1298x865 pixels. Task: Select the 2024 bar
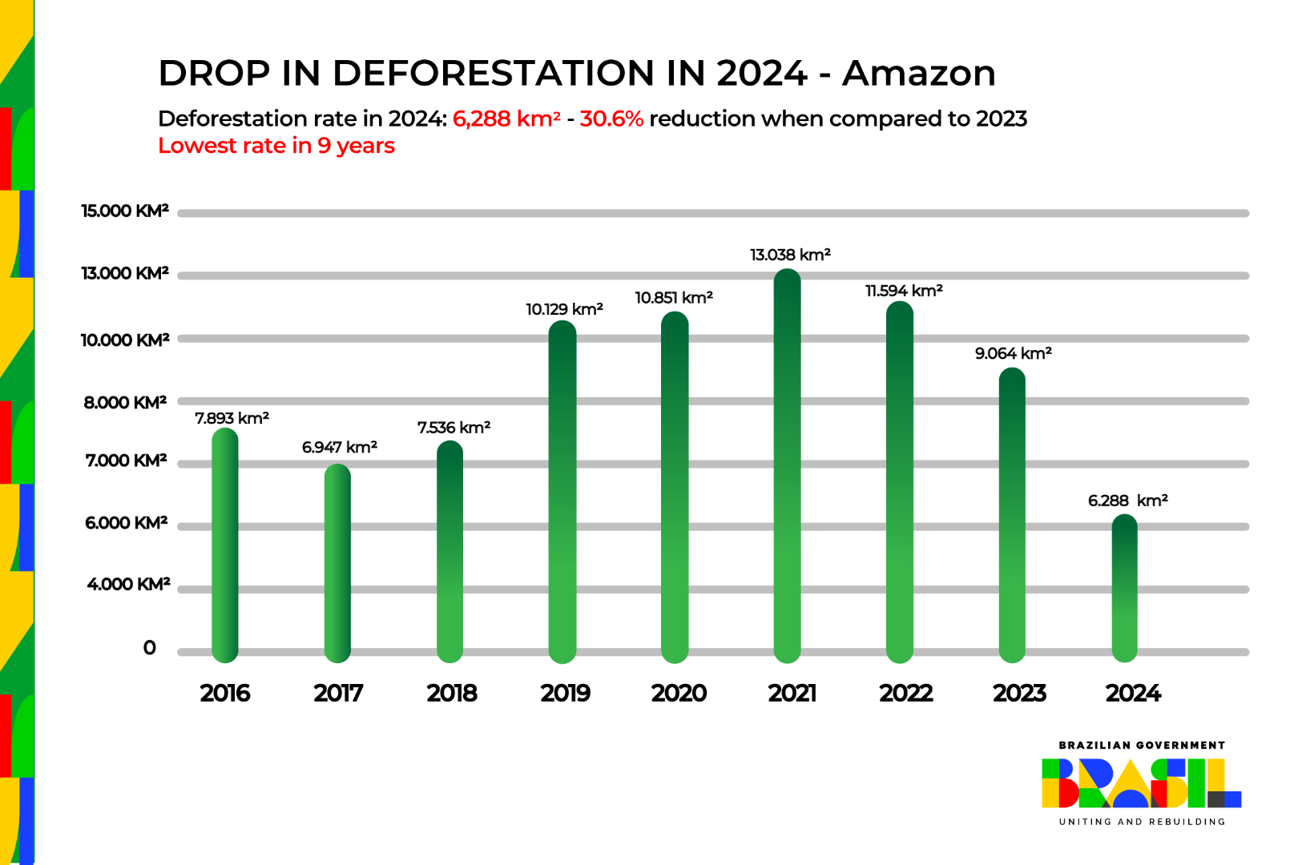click(x=1124, y=589)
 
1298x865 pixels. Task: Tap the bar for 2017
click(x=337, y=564)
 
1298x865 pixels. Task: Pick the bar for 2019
click(x=562, y=492)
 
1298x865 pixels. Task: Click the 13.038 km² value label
click(x=790, y=255)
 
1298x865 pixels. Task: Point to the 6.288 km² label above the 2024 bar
click(x=1127, y=501)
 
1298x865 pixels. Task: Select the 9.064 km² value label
click(x=1013, y=353)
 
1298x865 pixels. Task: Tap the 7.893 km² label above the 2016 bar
click(x=232, y=418)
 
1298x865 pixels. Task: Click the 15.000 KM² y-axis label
click(x=125, y=211)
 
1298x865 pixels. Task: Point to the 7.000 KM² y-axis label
click(x=126, y=461)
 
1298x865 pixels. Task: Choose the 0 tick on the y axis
click(x=149, y=647)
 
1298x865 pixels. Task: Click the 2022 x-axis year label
click(x=905, y=693)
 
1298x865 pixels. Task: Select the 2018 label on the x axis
click(x=451, y=693)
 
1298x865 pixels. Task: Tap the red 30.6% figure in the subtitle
click(x=611, y=119)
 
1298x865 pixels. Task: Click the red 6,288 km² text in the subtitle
click(x=506, y=119)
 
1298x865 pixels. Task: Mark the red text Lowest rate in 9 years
click(x=276, y=146)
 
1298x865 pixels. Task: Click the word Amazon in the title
click(x=918, y=74)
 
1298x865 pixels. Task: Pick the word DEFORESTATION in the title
click(x=493, y=74)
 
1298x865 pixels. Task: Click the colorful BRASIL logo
click(x=1141, y=783)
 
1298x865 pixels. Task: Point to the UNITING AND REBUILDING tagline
click(x=1142, y=822)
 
